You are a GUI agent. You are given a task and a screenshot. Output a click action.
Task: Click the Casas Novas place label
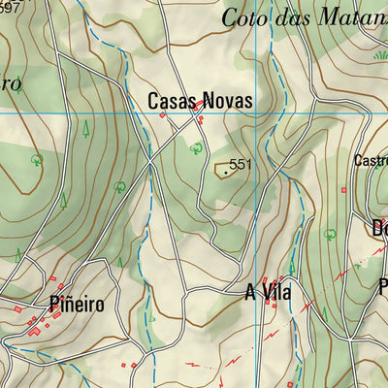pyautogui.click(x=200, y=101)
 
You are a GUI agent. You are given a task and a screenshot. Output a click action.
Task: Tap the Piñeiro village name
pyautogui.click(x=75, y=303)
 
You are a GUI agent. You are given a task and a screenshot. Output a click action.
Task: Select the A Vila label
pyautogui.click(x=269, y=292)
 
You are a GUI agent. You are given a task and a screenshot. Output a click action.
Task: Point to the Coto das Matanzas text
pyautogui.click(x=305, y=16)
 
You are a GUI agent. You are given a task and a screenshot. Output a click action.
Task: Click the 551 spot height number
pyautogui.click(x=241, y=166)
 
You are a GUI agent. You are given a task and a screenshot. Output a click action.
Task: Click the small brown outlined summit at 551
pyautogui.click(x=222, y=170)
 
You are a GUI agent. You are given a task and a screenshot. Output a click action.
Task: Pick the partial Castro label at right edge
pyautogui.click(x=372, y=160)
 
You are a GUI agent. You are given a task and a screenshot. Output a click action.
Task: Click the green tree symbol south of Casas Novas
pyautogui.click(x=196, y=147)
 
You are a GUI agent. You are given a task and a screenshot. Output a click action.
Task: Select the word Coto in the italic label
pyautogui.click(x=242, y=16)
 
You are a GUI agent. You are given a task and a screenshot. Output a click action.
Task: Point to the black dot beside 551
pyautogui.click(x=227, y=172)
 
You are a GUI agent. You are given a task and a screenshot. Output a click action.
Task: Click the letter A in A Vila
pyautogui.click(x=250, y=292)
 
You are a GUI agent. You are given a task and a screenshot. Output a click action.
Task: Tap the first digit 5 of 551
pyautogui.click(x=235, y=166)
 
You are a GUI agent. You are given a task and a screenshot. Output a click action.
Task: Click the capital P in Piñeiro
pyautogui.click(x=53, y=303)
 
